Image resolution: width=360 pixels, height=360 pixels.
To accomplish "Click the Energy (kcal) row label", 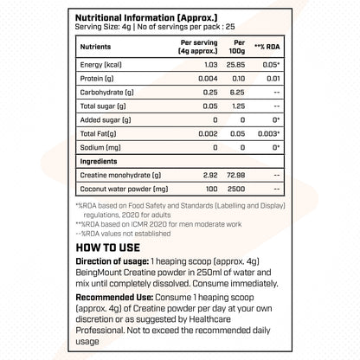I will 100,65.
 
